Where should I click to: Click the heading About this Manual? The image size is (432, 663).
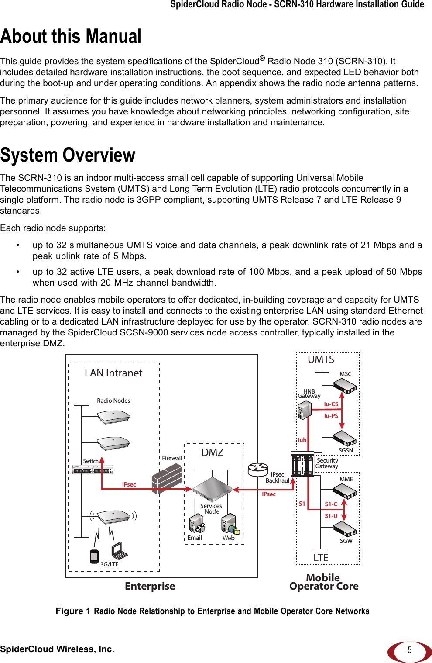(x=71, y=36)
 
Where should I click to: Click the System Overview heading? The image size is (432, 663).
(x=68, y=155)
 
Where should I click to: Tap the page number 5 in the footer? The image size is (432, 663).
(x=409, y=650)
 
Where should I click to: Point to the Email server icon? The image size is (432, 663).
(x=196, y=523)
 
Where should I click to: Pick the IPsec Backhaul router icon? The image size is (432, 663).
(x=258, y=470)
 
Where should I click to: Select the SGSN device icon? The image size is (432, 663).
(x=345, y=439)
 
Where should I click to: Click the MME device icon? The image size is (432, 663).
(x=345, y=491)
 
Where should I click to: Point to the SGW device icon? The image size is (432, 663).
(x=345, y=529)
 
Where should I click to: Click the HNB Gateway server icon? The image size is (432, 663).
(x=304, y=410)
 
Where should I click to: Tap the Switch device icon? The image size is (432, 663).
(x=93, y=470)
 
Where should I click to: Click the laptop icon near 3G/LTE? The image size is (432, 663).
(x=119, y=551)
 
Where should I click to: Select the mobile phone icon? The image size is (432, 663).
(x=94, y=556)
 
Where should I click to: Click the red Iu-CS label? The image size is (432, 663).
(x=331, y=404)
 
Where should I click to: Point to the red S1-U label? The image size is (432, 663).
(x=331, y=516)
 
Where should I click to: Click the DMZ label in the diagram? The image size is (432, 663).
(x=213, y=452)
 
